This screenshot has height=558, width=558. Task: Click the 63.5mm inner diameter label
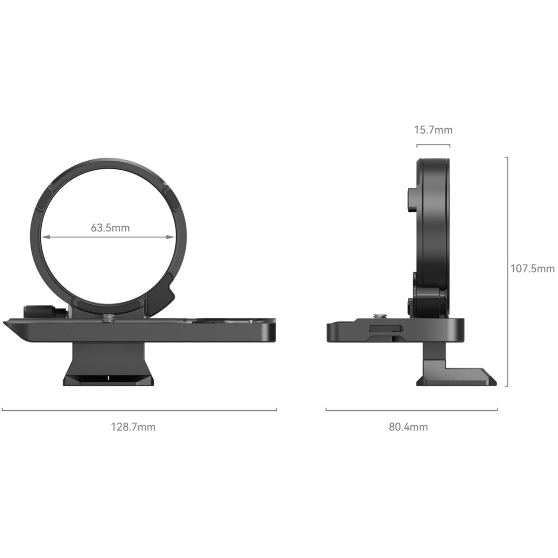click(110, 228)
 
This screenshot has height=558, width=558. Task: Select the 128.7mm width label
click(133, 427)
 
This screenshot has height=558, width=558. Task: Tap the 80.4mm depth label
click(408, 427)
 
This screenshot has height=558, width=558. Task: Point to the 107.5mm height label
click(532, 269)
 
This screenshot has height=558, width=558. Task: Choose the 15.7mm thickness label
click(433, 130)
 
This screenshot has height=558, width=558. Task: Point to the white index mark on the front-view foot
click(108, 378)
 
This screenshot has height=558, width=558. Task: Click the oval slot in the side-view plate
click(386, 328)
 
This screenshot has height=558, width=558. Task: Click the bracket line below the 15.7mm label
click(433, 145)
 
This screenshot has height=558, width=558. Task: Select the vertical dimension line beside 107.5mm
click(507, 272)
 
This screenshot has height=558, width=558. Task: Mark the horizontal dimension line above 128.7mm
click(139, 410)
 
